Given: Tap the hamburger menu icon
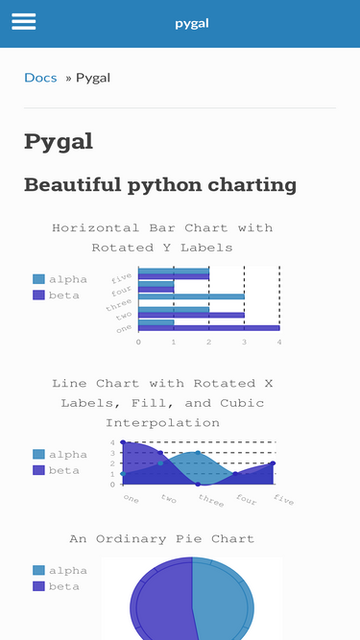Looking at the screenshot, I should click(x=23, y=22).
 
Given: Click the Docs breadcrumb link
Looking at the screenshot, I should click(x=40, y=78).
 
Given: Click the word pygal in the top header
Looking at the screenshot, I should click(x=192, y=23).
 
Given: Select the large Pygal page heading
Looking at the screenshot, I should click(x=59, y=142).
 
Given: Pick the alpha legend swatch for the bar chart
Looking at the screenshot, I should click(x=38, y=279).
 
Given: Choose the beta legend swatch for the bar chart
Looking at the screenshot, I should click(x=38, y=295).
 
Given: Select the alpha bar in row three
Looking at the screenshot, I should click(x=190, y=296).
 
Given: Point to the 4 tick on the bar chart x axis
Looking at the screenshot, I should click(x=278, y=342).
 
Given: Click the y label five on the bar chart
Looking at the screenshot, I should click(x=122, y=277).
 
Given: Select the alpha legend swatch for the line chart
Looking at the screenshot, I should click(x=38, y=454).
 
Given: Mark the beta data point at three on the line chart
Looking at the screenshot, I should click(x=198, y=485).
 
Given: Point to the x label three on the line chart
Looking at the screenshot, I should click(x=211, y=500).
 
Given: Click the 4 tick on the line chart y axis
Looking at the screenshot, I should click(x=112, y=442).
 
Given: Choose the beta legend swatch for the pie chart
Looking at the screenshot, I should click(x=38, y=585).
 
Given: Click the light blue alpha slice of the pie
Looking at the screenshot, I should click(x=226, y=600).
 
